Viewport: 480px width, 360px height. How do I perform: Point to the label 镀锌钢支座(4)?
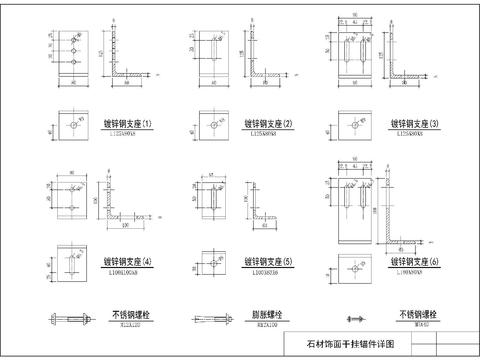tap(128, 261)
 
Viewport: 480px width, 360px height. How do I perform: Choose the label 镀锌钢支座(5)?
tap(267, 261)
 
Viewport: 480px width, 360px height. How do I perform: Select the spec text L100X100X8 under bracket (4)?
tap(127, 272)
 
